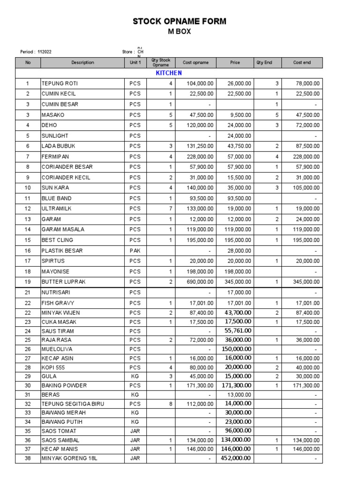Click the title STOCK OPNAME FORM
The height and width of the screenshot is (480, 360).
pyautogui.click(x=180, y=21)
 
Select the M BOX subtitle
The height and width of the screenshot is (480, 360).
pyautogui.click(x=180, y=32)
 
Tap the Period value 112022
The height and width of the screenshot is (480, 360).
pyautogui.click(x=45, y=52)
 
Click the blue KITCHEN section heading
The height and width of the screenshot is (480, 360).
pyautogui.click(x=168, y=73)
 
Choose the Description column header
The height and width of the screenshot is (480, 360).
pyautogui.click(x=82, y=62)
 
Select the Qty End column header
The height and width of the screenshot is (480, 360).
pyautogui.click(x=264, y=62)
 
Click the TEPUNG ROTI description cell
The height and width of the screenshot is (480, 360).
pyautogui.click(x=60, y=83)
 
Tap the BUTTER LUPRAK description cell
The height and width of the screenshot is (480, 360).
pyautogui.click(x=65, y=282)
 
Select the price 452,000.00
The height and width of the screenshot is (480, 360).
pyautogui.click(x=236, y=458)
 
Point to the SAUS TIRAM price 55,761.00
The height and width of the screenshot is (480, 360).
pyautogui.click(x=238, y=330)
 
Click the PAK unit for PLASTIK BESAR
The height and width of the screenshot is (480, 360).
pyautogui.click(x=135, y=250)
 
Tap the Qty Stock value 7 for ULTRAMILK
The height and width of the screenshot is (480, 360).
pyautogui.click(x=171, y=209)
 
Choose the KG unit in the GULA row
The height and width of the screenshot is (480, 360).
pyautogui.click(x=135, y=376)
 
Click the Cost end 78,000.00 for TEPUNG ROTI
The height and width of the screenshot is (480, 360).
pyautogui.click(x=307, y=83)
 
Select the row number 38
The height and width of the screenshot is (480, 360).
pyautogui.click(x=28, y=458)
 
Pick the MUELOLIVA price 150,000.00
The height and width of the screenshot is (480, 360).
pyautogui.click(x=236, y=349)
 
